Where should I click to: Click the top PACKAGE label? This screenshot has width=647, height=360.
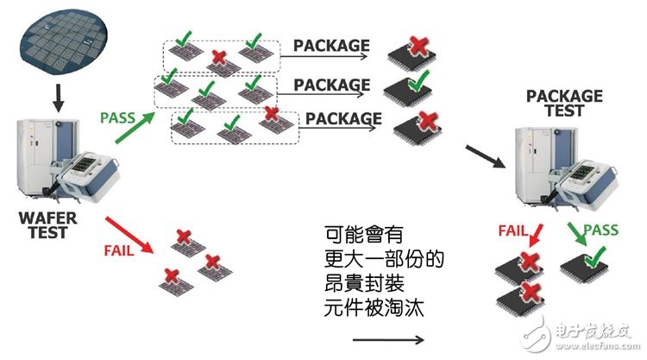(x=331, y=45)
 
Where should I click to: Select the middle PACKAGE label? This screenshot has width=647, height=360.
(x=331, y=84)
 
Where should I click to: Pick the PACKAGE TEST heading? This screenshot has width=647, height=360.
(x=564, y=104)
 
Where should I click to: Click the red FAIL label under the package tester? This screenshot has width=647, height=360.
(x=512, y=231)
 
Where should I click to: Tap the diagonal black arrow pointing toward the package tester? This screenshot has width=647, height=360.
(x=483, y=156)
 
